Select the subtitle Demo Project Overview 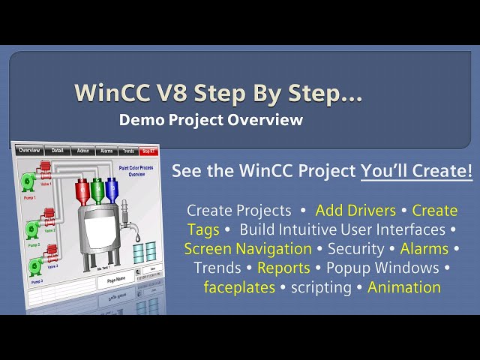(x=211, y=119)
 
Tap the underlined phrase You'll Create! (x=416, y=171)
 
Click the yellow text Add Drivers (x=355, y=210)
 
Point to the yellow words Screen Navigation (x=248, y=249)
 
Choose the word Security (x=356, y=249)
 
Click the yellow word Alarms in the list (x=424, y=249)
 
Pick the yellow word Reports (x=283, y=268)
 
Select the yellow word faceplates (x=239, y=287)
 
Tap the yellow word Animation (x=404, y=287)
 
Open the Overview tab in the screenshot (x=29, y=151)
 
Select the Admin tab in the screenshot (x=83, y=151)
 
